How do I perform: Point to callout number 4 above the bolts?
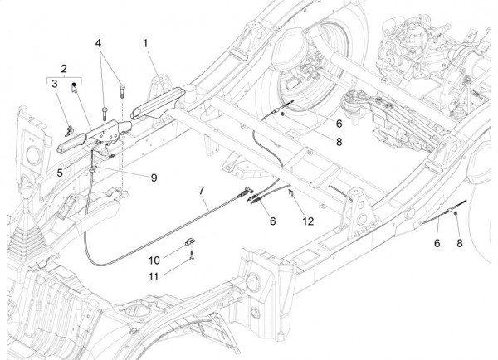(98, 41)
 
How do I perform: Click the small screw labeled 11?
(193, 258)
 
